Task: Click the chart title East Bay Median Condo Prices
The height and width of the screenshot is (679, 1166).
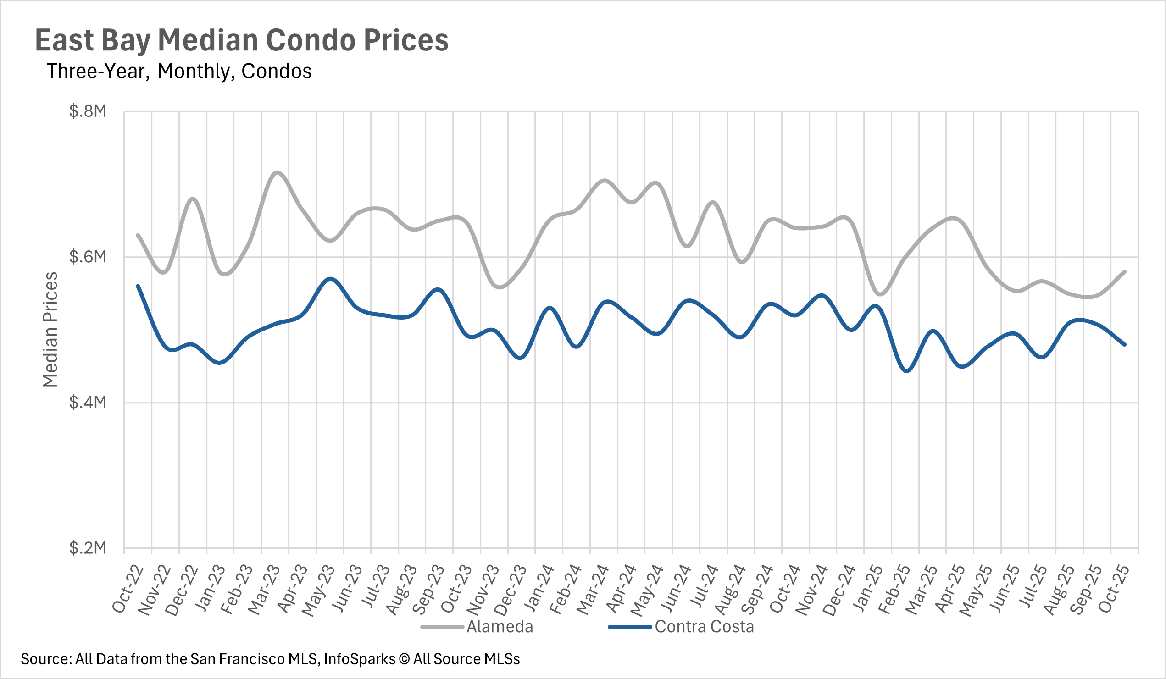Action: [x=242, y=40]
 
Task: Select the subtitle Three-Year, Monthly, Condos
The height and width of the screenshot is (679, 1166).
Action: [x=179, y=71]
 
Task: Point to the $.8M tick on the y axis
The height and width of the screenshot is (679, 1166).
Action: [x=88, y=111]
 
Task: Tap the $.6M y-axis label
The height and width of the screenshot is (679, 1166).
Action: [x=88, y=257]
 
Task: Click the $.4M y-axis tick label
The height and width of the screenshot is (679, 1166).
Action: [x=88, y=403]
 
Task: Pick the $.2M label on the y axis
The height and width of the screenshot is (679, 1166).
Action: [x=88, y=548]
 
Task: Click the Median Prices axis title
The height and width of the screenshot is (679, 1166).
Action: [x=50, y=329]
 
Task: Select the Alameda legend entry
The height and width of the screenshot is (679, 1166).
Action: [x=500, y=627]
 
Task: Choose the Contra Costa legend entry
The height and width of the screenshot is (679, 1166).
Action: [x=704, y=627]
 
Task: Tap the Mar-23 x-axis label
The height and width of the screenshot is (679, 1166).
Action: [x=265, y=589]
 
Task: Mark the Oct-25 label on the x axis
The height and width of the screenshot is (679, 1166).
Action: [x=1114, y=588]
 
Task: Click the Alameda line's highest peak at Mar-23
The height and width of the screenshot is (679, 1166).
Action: [x=277, y=172]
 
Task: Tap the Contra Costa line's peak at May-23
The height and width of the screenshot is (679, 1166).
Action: [x=330, y=279]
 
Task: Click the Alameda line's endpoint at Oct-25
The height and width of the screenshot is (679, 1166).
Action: [x=1124, y=271]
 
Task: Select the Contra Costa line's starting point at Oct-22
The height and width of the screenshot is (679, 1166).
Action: [x=138, y=286]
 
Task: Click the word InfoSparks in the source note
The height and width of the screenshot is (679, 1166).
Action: [x=360, y=659]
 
